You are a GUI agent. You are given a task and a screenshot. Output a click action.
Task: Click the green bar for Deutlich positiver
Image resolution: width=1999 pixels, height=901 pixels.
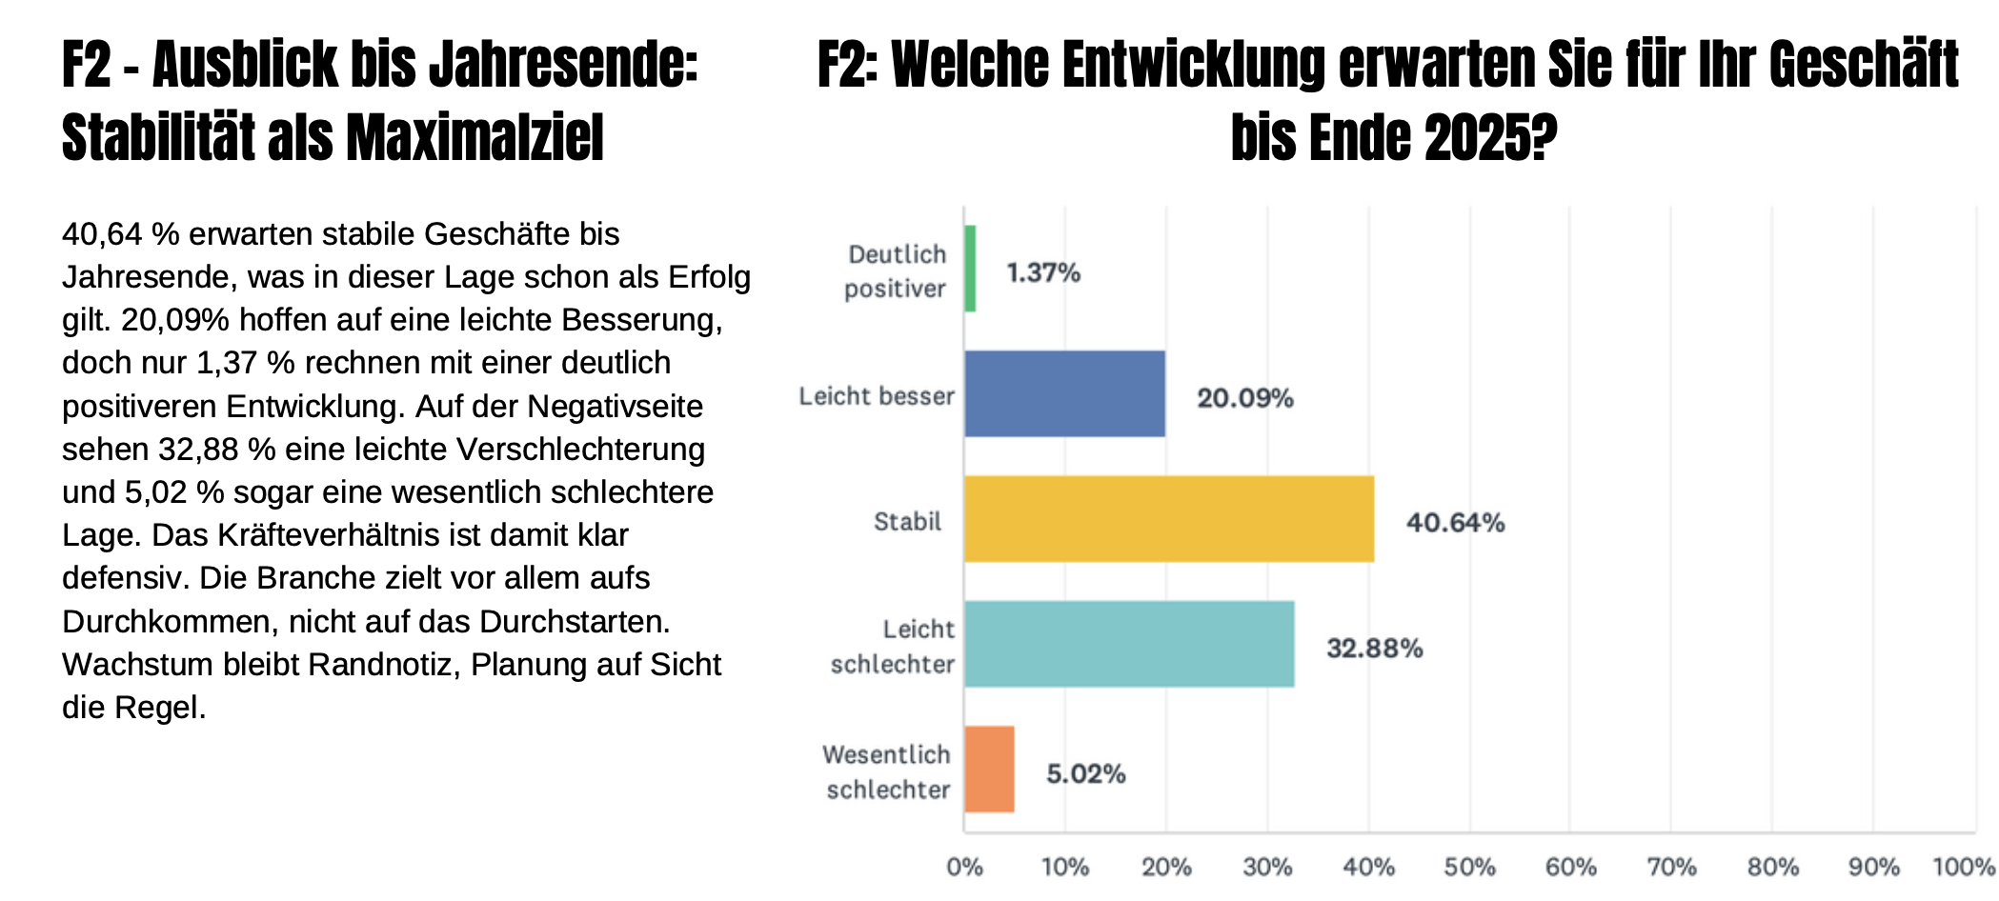[x=970, y=269]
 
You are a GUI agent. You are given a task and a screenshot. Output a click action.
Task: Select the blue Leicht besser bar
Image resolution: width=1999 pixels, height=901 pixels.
[x=1064, y=393]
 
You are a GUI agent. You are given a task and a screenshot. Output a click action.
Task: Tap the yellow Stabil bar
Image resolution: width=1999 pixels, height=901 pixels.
[x=1168, y=519]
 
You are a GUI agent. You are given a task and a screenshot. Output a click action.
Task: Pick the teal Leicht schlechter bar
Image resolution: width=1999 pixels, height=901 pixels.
[x=1129, y=644]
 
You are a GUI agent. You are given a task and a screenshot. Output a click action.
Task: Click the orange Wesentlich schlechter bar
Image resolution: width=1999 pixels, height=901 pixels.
[x=989, y=770]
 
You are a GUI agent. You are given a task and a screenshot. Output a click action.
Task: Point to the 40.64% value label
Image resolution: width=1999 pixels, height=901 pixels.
[x=1455, y=523]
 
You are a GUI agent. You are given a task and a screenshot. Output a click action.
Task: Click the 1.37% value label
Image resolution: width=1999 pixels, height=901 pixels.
[x=1043, y=273]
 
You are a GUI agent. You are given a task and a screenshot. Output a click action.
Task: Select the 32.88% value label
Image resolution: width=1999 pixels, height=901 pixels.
[x=1374, y=649]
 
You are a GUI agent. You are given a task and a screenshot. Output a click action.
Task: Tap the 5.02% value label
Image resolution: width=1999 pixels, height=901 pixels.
[x=1085, y=773]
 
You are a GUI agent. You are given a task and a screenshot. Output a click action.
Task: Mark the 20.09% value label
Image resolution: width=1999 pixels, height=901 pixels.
[x=1244, y=398]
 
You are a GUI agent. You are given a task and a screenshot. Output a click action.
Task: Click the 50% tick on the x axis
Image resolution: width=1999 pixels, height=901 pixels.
[x=1469, y=867]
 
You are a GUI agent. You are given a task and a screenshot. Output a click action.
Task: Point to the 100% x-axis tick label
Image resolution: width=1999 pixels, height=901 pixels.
[x=1963, y=867]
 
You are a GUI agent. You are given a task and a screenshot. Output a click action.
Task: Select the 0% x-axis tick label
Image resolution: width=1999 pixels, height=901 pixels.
[x=964, y=867]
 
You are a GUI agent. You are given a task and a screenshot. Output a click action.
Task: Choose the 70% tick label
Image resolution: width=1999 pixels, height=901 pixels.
[x=1671, y=867]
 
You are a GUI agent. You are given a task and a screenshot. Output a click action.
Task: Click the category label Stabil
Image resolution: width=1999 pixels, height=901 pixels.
[x=907, y=522]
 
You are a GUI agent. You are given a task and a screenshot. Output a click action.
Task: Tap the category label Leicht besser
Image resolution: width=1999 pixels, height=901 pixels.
[x=876, y=396]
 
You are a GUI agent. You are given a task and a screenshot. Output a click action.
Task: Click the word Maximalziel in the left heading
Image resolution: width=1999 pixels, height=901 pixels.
[x=475, y=137]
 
